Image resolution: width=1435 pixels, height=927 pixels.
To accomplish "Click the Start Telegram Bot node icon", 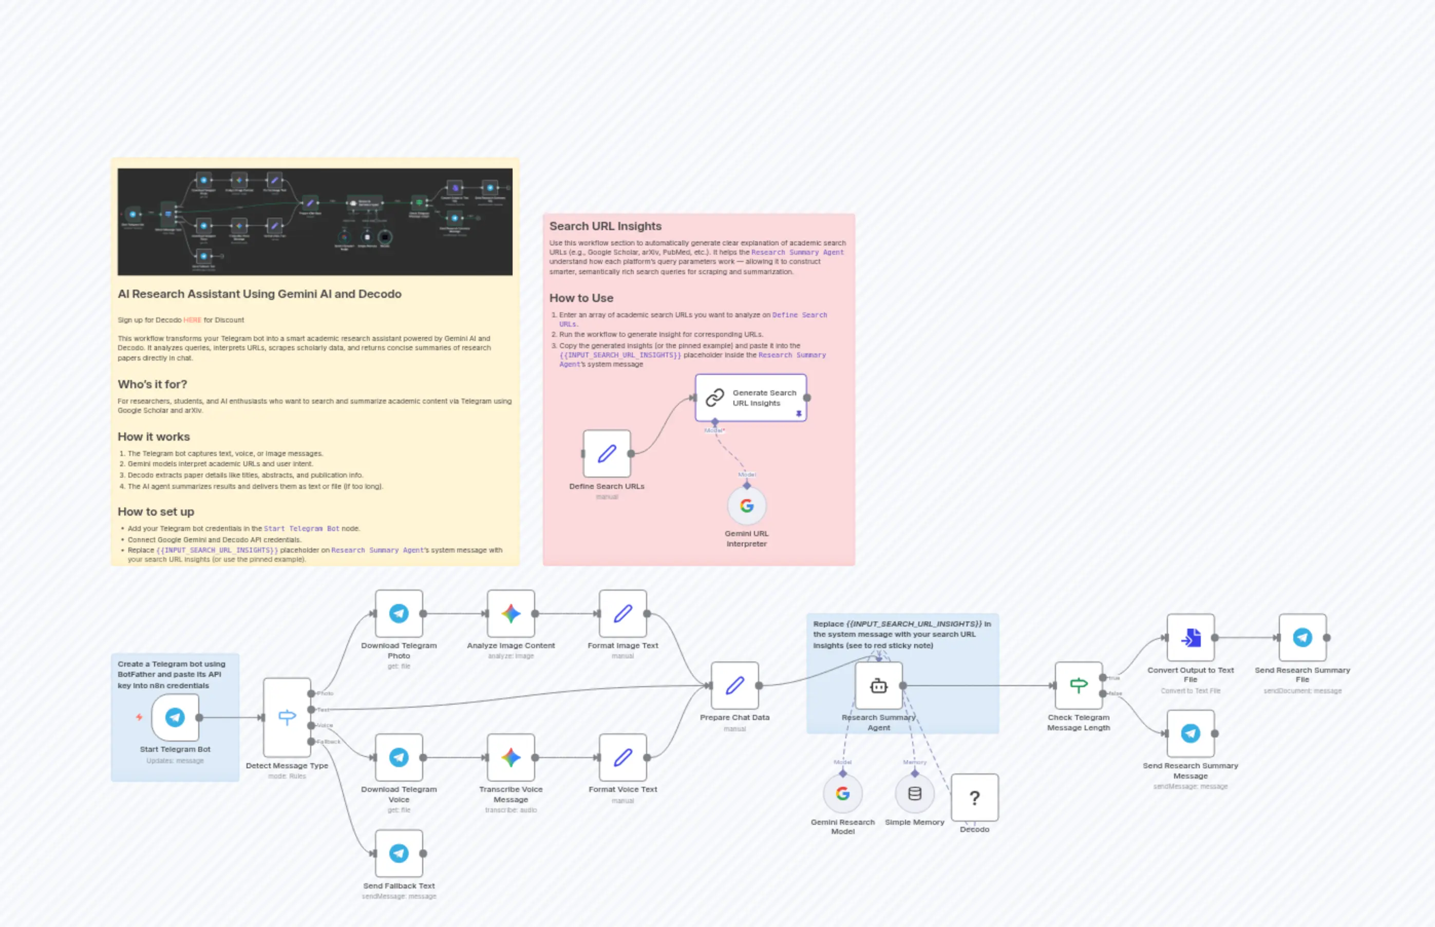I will (x=175, y=717).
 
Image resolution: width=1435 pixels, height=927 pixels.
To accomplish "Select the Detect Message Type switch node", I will (x=287, y=717).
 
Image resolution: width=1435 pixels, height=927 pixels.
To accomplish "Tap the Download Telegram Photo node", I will (x=399, y=613).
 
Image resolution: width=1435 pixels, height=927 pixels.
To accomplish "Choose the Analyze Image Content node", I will (x=511, y=613).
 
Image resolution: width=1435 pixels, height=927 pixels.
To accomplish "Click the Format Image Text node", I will (x=622, y=613).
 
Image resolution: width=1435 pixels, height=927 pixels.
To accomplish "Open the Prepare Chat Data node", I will (x=734, y=685).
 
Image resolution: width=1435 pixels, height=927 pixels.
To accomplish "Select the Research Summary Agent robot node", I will (x=878, y=685).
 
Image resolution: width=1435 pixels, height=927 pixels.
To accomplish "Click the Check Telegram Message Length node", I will (x=1078, y=685).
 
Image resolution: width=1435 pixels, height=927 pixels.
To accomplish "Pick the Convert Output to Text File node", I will (x=1190, y=637).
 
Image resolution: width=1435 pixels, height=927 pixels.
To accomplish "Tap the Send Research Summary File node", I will (x=1302, y=637).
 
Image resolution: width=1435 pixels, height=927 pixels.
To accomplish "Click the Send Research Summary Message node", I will (x=1190, y=733).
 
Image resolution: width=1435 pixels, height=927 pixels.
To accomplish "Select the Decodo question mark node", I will (x=974, y=798).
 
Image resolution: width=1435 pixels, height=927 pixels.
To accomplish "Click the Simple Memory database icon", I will (x=914, y=793).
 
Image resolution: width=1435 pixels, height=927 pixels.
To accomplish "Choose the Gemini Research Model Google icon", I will (x=843, y=793).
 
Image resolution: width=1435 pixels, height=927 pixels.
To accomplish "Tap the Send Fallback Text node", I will (x=399, y=853).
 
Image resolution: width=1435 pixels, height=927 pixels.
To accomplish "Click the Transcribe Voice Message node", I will (x=511, y=757).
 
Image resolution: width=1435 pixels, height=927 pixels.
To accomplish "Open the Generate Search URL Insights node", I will (x=750, y=398).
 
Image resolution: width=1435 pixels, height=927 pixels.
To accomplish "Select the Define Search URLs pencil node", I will (x=607, y=453).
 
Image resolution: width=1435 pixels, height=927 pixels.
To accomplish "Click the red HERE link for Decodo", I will (x=193, y=320).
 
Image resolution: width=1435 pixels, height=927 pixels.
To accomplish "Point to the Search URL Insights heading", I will (x=605, y=226).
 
